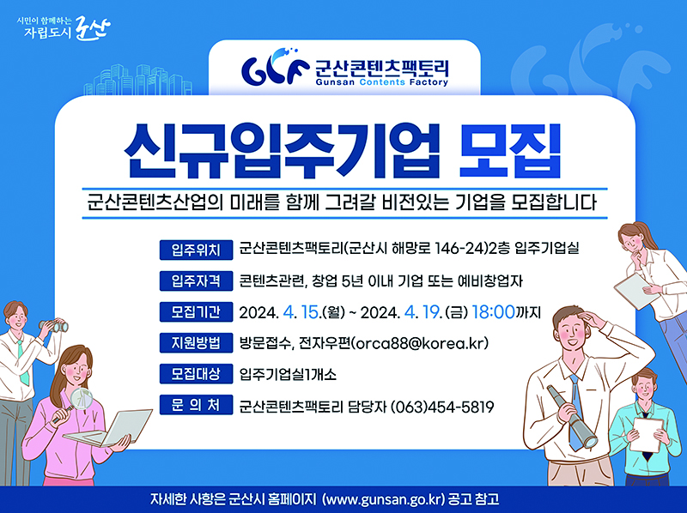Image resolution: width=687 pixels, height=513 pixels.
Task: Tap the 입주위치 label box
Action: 197,250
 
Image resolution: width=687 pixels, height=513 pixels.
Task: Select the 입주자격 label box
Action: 197,281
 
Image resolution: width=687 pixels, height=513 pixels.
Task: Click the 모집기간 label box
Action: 197,311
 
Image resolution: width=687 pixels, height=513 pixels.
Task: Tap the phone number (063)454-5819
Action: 442,406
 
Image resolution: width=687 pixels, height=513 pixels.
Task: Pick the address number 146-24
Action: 441,250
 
